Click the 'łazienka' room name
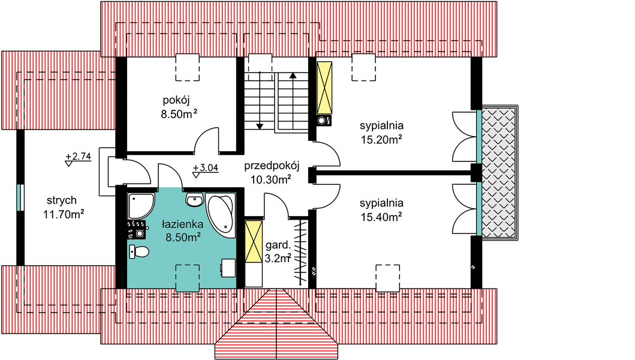pos(183,224)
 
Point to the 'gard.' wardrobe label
pos(278,245)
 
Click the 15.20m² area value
pos(381,140)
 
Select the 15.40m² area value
pos(381,217)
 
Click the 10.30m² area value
pos(270,178)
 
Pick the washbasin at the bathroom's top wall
pos(194,200)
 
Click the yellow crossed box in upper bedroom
pos(324,88)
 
